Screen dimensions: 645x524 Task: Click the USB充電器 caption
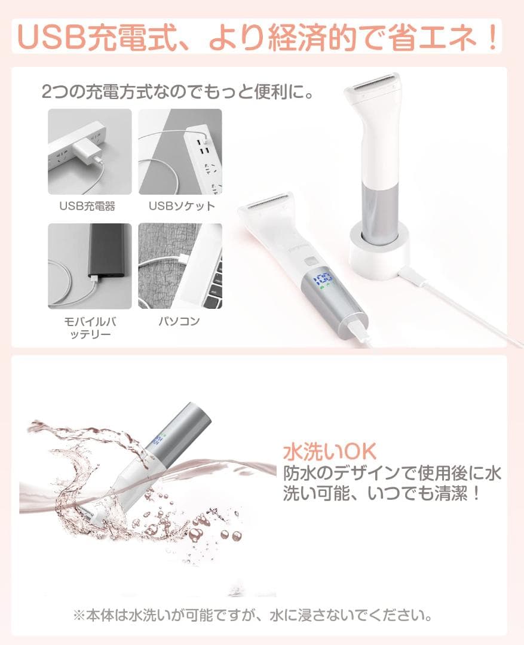tap(87, 207)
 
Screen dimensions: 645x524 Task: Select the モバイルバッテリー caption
tap(89, 327)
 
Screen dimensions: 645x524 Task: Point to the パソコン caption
tap(179, 321)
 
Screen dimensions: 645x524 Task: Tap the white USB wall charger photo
tap(90, 151)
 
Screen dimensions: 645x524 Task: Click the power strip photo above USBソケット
tap(180, 151)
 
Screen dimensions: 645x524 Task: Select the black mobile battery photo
tap(90, 266)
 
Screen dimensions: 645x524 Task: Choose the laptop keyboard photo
tap(180, 266)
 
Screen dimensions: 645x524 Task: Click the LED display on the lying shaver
tap(323, 278)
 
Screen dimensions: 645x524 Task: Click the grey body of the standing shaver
tap(378, 209)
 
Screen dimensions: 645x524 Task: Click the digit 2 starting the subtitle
tap(48, 92)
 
